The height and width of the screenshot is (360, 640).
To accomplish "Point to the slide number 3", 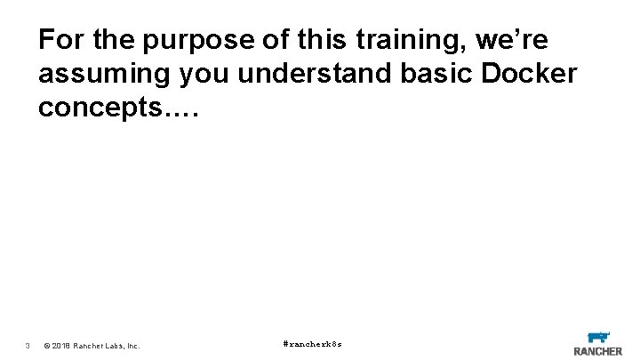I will [x=28, y=345].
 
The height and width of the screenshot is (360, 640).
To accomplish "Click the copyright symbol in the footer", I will [x=47, y=345].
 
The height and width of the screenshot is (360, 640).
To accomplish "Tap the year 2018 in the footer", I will [x=62, y=345].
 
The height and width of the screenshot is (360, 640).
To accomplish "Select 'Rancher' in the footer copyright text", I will [x=90, y=345].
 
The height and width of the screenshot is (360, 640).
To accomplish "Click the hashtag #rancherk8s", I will [x=312, y=343].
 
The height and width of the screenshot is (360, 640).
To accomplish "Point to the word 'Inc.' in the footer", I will [x=133, y=345].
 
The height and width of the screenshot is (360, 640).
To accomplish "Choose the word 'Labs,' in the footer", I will [x=116, y=345].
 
